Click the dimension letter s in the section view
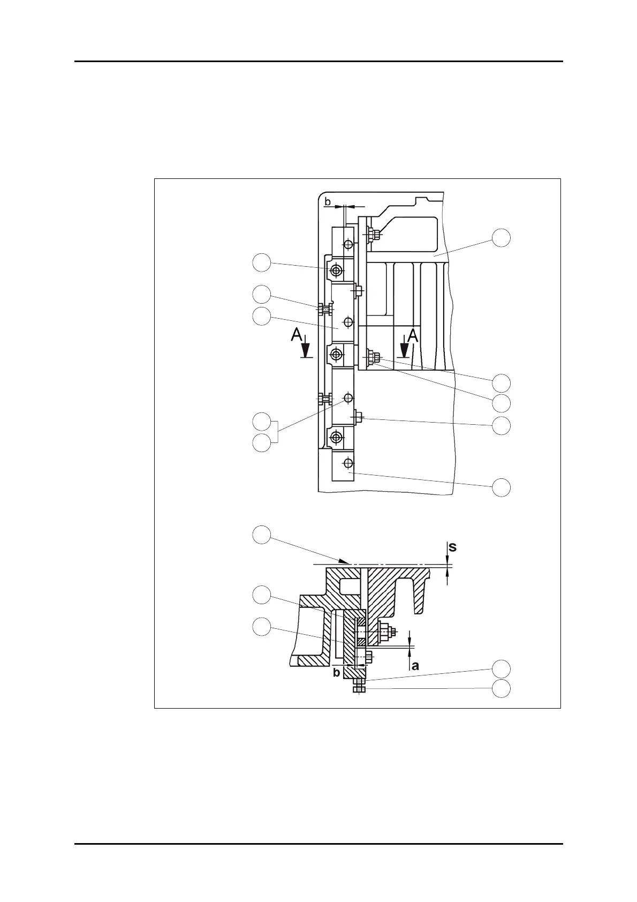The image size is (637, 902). (x=452, y=547)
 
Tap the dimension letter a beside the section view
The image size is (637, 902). (x=415, y=666)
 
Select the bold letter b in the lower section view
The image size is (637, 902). (x=336, y=672)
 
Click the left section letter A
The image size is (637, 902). (x=296, y=335)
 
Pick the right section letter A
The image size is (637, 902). (x=412, y=336)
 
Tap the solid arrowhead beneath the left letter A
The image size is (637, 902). (x=306, y=350)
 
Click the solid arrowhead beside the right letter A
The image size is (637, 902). (x=405, y=350)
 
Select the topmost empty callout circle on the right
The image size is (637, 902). (x=501, y=238)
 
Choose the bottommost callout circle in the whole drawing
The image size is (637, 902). (x=501, y=689)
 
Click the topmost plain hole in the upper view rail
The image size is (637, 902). (x=348, y=244)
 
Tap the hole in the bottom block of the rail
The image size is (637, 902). (x=348, y=462)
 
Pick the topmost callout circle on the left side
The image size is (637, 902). (x=261, y=263)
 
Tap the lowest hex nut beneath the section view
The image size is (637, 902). (x=359, y=689)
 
